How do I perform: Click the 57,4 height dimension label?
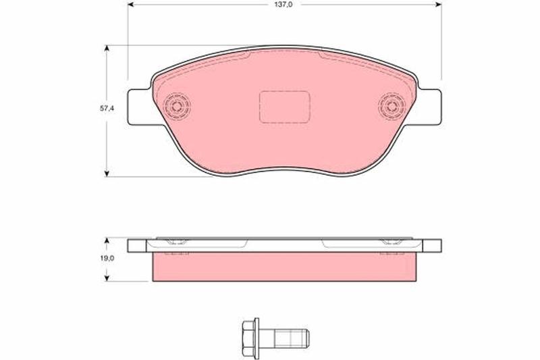107,108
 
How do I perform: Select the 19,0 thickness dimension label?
107,258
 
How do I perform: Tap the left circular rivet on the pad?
177,107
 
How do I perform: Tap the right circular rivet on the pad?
391,107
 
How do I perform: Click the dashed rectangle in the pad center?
284,107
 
